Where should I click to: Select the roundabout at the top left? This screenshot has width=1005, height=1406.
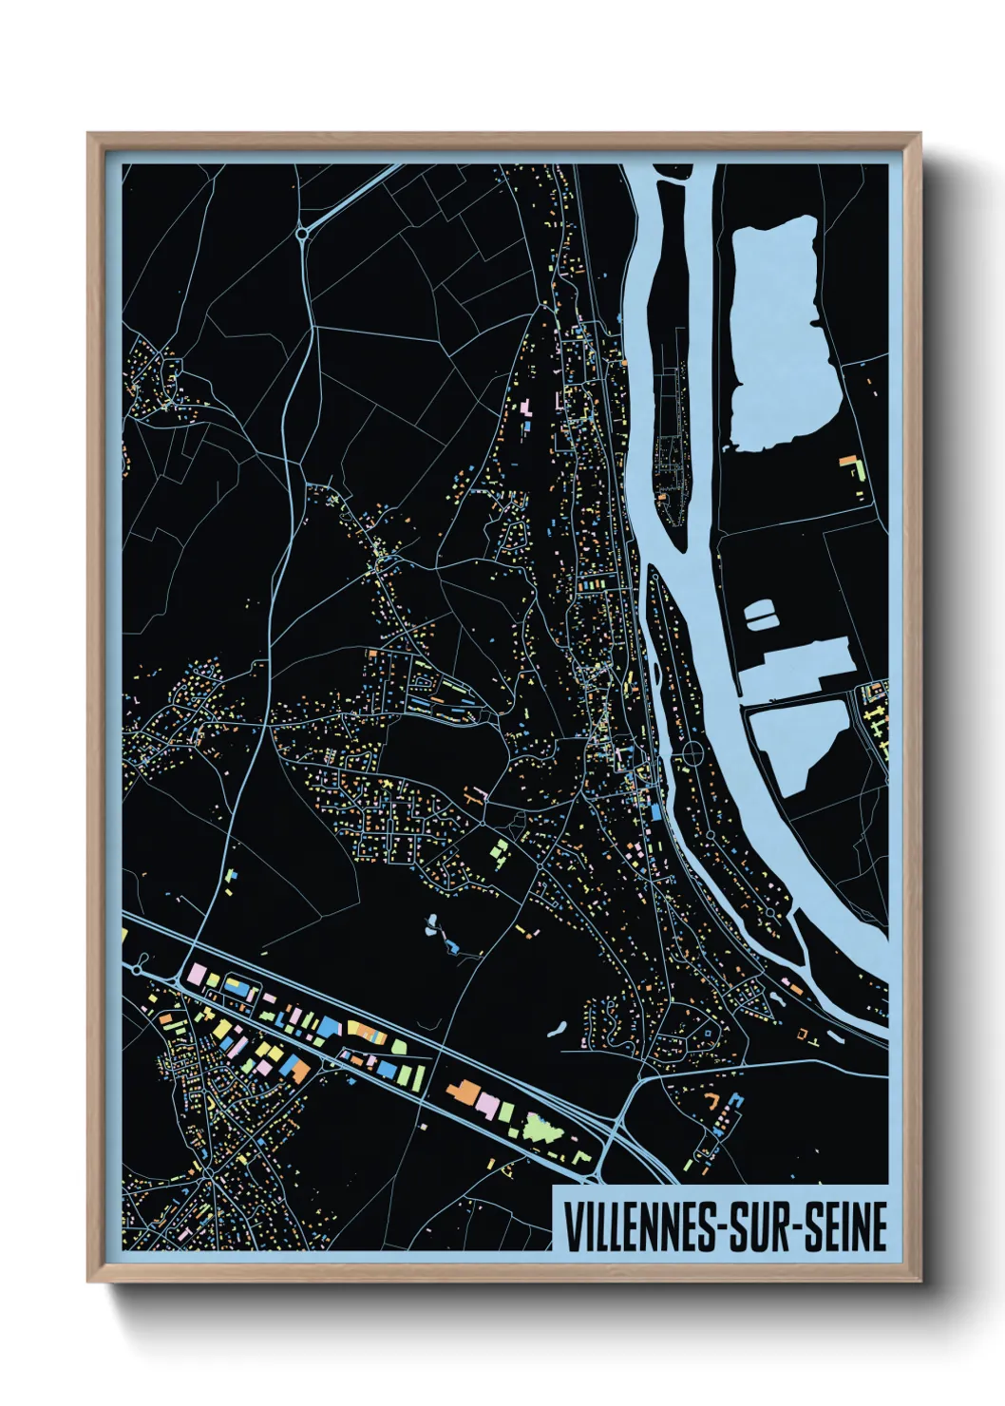[x=302, y=232]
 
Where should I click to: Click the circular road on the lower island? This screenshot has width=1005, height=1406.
[x=692, y=754]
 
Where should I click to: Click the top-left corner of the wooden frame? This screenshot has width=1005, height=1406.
[x=89, y=135]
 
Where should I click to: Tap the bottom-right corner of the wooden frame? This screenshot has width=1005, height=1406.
[x=920, y=1280]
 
